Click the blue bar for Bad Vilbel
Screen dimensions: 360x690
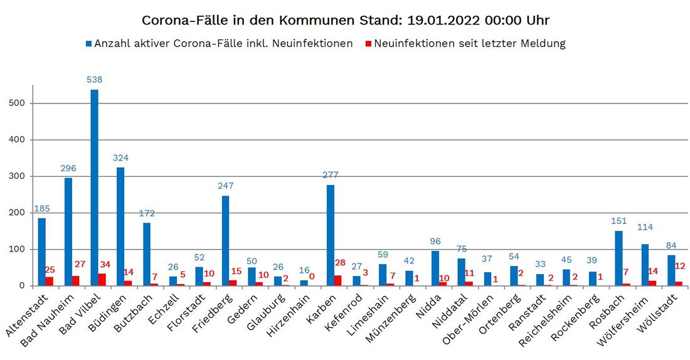point(94,188)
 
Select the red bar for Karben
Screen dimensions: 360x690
point(338,280)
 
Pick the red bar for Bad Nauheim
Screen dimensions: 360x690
point(76,281)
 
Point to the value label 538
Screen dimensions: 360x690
point(95,80)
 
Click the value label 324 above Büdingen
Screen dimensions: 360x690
point(120,157)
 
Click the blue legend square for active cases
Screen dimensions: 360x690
point(89,44)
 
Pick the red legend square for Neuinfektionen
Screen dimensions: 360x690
point(369,44)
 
